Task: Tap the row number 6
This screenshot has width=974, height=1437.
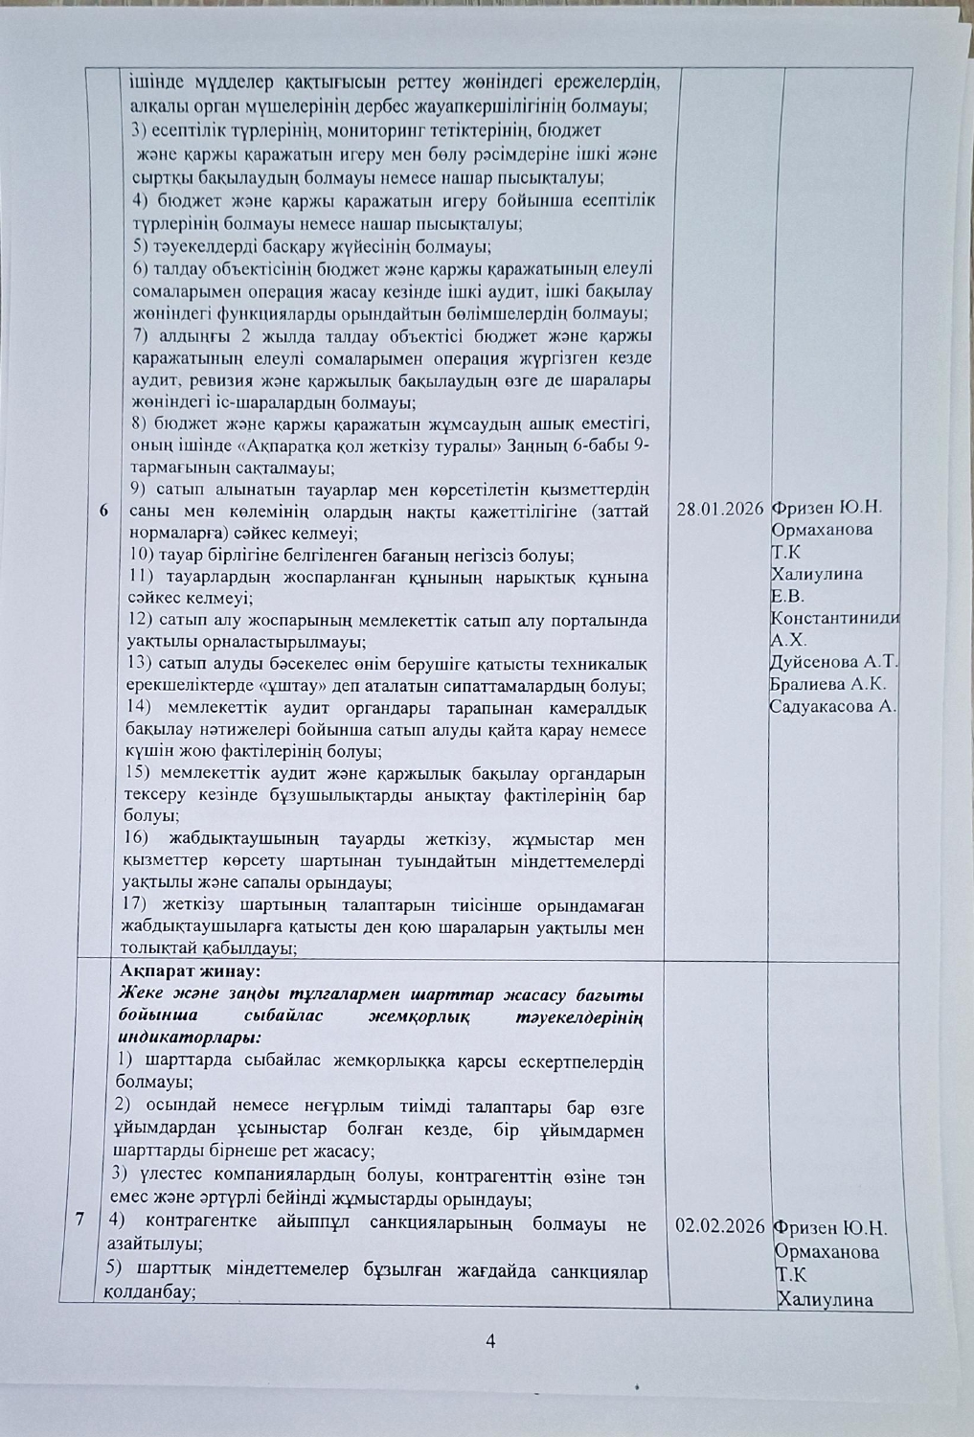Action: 103,512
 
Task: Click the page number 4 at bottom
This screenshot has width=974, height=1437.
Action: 490,1341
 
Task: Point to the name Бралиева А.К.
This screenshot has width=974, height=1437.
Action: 827,684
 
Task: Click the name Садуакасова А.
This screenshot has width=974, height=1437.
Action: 833,707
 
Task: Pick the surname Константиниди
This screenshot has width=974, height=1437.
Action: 834,618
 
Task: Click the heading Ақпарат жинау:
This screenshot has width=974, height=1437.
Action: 184,970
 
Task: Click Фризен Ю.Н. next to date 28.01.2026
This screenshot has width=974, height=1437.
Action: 827,510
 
